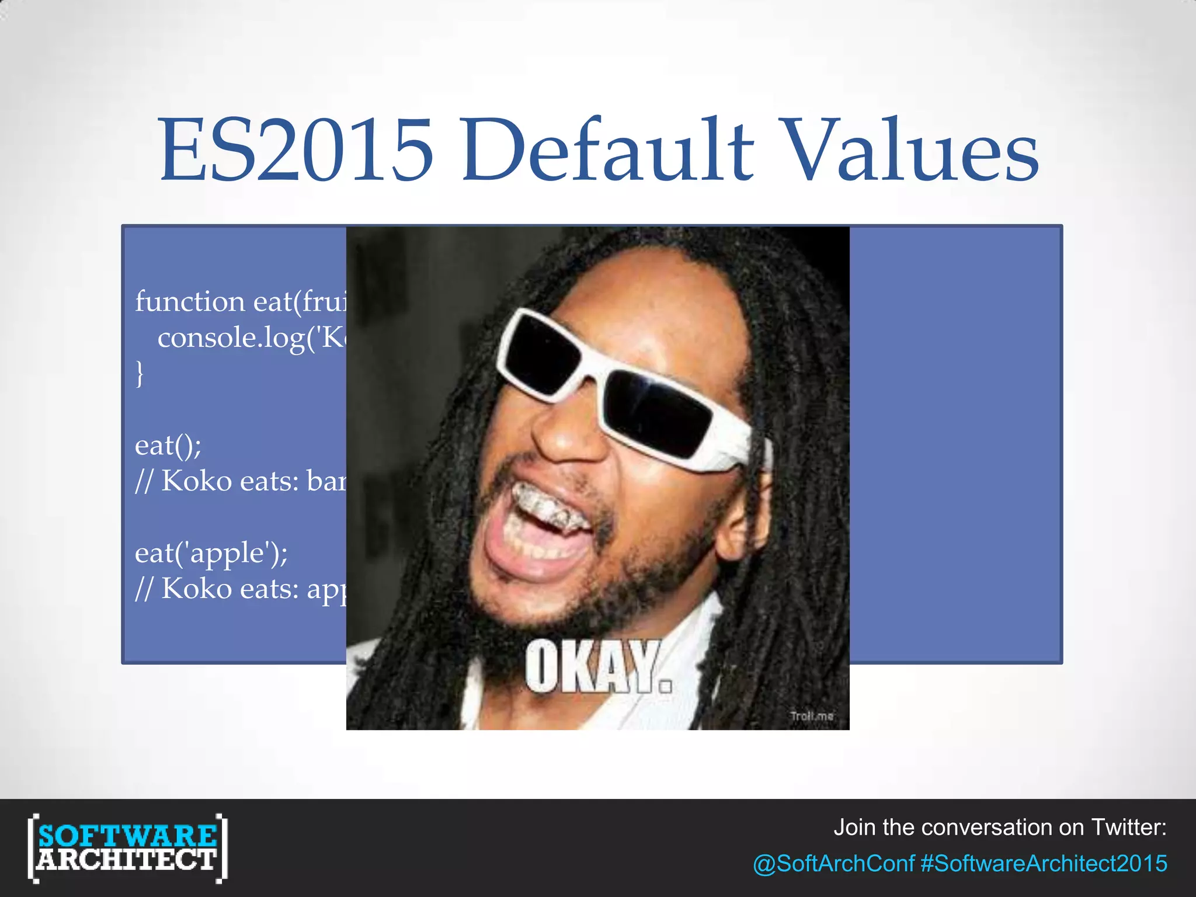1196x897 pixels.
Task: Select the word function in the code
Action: pos(190,301)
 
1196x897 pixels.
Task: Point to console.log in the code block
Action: pos(231,338)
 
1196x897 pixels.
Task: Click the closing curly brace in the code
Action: pos(140,373)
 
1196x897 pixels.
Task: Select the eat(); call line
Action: pos(168,446)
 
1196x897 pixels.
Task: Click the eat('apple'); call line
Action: pos(211,553)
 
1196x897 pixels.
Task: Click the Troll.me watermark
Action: pos(812,716)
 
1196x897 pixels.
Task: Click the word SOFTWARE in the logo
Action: pos(127,836)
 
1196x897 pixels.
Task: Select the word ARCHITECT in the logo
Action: pos(127,860)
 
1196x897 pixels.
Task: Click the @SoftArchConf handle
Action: pos(833,863)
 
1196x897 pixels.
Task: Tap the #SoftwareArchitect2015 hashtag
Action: pos(1044,863)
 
